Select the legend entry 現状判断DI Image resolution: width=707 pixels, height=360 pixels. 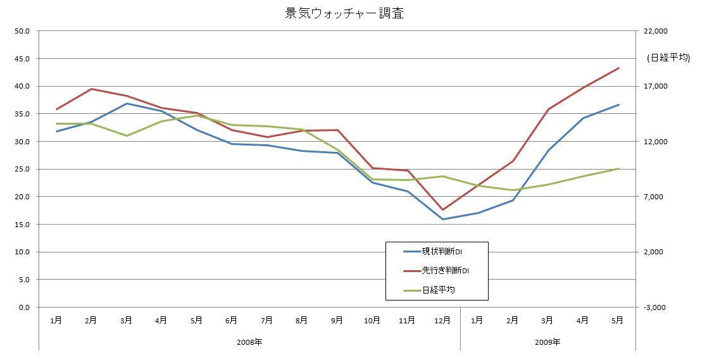click(x=446, y=251)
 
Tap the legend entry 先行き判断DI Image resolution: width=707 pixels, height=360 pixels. click(x=446, y=271)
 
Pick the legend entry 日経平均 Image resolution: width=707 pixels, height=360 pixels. click(x=439, y=290)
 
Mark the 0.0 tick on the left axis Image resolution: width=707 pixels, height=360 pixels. click(x=25, y=307)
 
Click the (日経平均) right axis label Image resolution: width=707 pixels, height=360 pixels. click(x=668, y=58)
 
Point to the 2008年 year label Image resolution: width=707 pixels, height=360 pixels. click(x=249, y=342)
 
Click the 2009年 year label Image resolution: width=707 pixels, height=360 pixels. click(x=547, y=342)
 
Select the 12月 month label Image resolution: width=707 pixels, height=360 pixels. click(x=442, y=321)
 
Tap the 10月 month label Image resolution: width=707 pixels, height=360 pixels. click(x=372, y=321)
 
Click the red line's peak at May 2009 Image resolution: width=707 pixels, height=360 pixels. click(x=618, y=68)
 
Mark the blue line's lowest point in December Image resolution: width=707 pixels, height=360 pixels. click(x=442, y=220)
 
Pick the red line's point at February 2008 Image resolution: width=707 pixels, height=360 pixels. click(x=92, y=89)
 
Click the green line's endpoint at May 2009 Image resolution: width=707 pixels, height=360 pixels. click(x=618, y=168)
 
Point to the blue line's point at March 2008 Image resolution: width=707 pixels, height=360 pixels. click(x=127, y=103)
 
